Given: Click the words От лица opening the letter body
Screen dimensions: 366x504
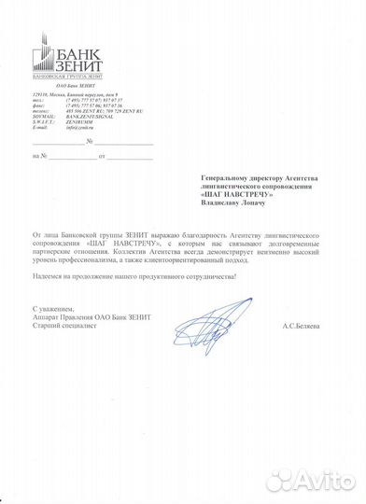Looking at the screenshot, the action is click(x=44, y=252).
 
